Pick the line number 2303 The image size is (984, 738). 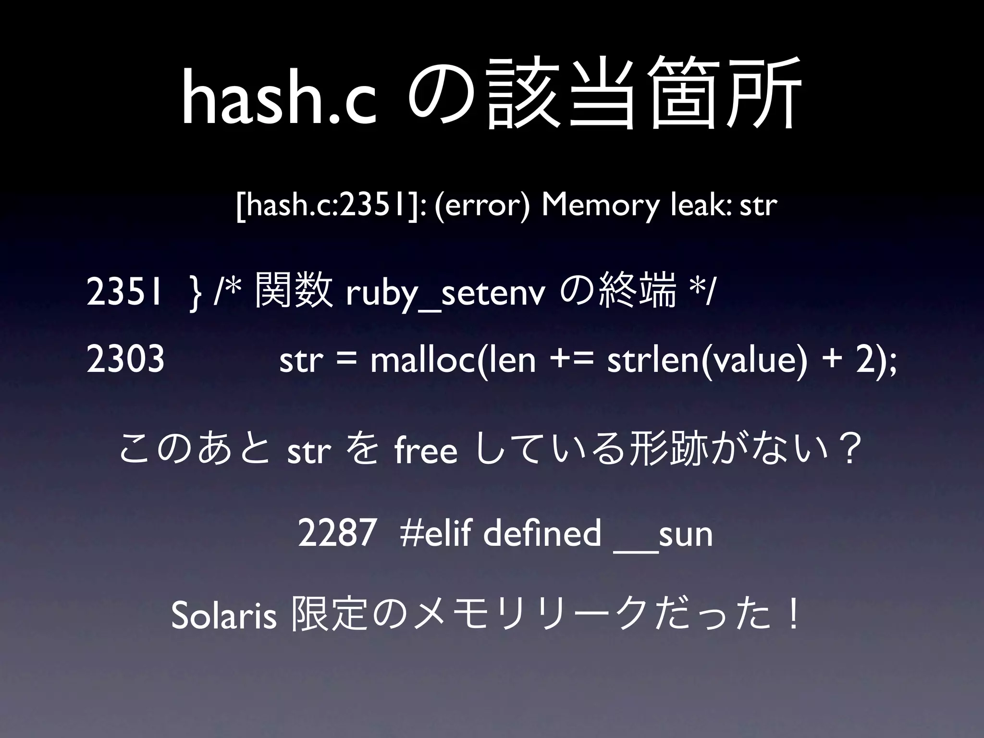tap(126, 360)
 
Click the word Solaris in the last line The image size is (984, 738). tap(223, 617)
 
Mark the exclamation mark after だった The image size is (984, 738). tap(794, 616)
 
